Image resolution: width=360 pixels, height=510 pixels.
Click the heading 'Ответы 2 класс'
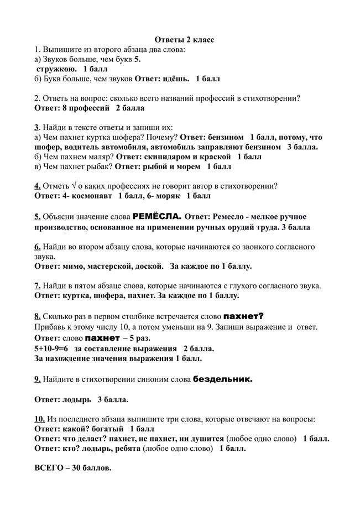(183, 40)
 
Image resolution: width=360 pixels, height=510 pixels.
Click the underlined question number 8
(37, 316)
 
